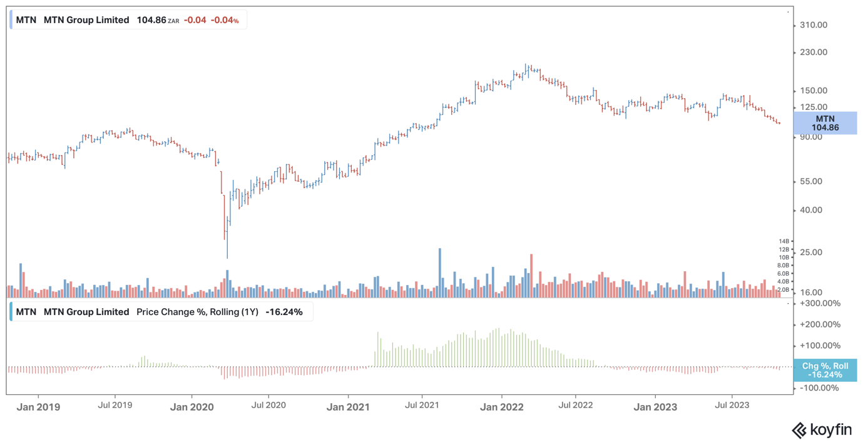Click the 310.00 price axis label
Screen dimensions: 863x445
pyautogui.click(x=814, y=25)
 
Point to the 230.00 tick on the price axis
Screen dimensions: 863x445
pyautogui.click(x=814, y=52)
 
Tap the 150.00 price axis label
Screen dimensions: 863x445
pyautogui.click(x=814, y=91)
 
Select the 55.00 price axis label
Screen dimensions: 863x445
pyautogui.click(x=811, y=181)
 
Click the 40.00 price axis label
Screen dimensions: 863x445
pyautogui.click(x=811, y=210)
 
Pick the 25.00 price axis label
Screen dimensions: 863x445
pyautogui.click(x=811, y=252)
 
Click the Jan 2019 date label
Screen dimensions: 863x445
pyautogui.click(x=38, y=407)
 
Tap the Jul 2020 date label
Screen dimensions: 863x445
pyautogui.click(x=268, y=405)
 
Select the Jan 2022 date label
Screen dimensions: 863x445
pyautogui.click(x=502, y=407)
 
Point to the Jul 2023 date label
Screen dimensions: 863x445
pyautogui.click(x=732, y=405)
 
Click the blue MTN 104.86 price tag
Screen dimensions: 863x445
pyautogui.click(x=825, y=123)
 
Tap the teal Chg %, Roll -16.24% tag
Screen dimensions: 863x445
pyautogui.click(x=825, y=370)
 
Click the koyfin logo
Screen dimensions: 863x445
pyautogui.click(x=822, y=430)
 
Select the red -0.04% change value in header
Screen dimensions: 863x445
pyautogui.click(x=225, y=20)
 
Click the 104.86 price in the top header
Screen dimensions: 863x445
pyautogui.click(x=151, y=20)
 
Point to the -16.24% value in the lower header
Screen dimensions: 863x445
pyautogui.click(x=284, y=312)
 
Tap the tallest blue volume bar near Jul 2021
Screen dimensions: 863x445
pyautogui.click(x=439, y=272)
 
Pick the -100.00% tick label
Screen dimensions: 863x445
pyautogui.click(x=819, y=387)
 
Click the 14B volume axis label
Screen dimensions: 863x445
pyautogui.click(x=784, y=241)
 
